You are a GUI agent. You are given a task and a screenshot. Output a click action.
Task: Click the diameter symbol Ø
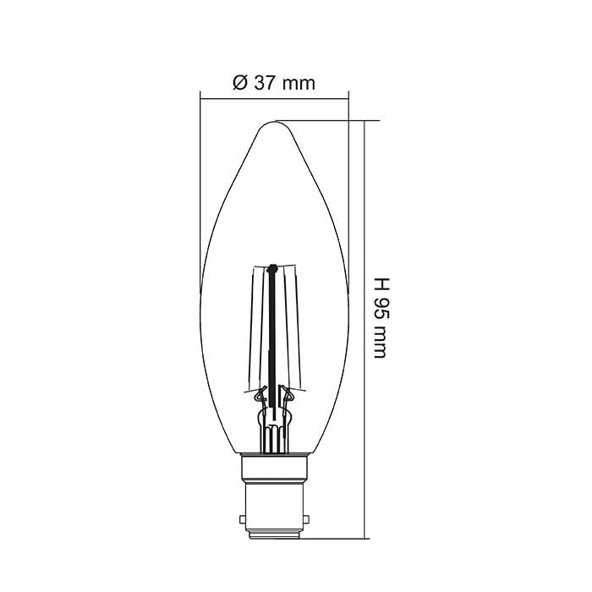tap(238, 83)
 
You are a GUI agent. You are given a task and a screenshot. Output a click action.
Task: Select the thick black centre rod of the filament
tap(273, 338)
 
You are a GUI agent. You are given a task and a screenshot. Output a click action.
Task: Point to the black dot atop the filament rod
tap(273, 270)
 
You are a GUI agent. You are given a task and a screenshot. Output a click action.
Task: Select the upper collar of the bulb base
tap(274, 468)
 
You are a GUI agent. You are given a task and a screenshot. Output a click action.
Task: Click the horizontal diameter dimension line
tap(274, 98)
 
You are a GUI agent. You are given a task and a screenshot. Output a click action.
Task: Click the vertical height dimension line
tap(365, 330)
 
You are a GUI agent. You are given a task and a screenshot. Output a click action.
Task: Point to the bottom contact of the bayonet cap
tap(274, 534)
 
